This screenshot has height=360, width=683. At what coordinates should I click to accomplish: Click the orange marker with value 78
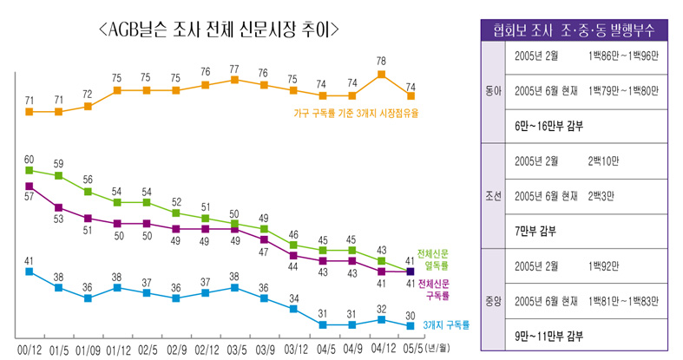381,75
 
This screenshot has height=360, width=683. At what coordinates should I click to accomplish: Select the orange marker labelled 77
234,80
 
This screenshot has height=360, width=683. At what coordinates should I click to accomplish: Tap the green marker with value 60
29,170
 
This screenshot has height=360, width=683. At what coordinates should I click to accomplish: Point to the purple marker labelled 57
29,186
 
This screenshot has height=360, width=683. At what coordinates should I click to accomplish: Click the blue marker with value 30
410,325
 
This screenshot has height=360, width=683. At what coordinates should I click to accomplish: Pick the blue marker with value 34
292,310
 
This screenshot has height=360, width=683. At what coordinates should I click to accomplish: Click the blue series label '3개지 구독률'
446,325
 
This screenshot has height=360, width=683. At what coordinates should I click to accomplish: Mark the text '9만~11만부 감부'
548,336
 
